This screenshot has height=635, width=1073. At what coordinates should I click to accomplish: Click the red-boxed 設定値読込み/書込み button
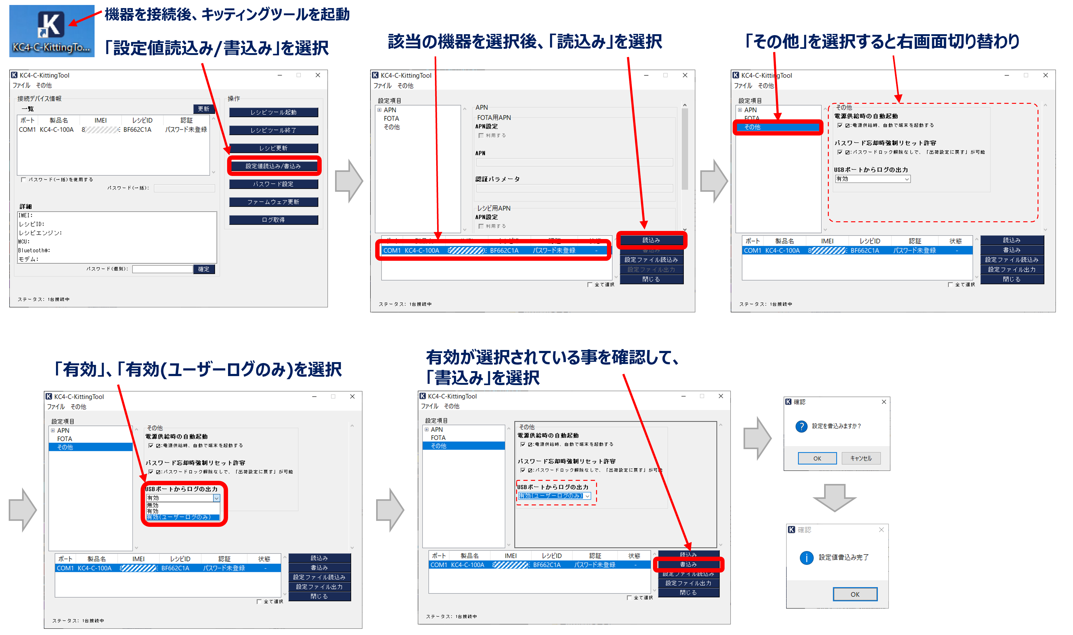click(273, 166)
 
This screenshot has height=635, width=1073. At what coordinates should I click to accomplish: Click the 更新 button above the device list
click(203, 109)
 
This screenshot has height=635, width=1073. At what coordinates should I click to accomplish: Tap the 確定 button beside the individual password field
click(203, 269)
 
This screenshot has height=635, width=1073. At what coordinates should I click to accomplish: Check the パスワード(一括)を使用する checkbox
click(24, 180)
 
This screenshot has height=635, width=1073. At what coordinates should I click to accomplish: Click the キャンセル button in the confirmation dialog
click(860, 458)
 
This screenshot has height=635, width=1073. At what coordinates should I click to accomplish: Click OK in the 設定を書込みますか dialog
click(817, 458)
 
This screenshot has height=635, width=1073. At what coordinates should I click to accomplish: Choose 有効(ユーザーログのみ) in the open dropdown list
click(182, 517)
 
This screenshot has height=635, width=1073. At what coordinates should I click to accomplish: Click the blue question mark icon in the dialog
click(801, 426)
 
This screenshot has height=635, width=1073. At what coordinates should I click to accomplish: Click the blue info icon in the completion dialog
click(806, 558)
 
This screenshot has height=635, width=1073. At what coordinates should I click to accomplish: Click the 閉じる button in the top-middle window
click(651, 279)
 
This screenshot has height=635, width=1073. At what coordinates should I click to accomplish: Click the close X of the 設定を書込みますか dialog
click(884, 402)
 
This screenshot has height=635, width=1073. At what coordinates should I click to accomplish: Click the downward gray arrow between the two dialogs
click(834, 498)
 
